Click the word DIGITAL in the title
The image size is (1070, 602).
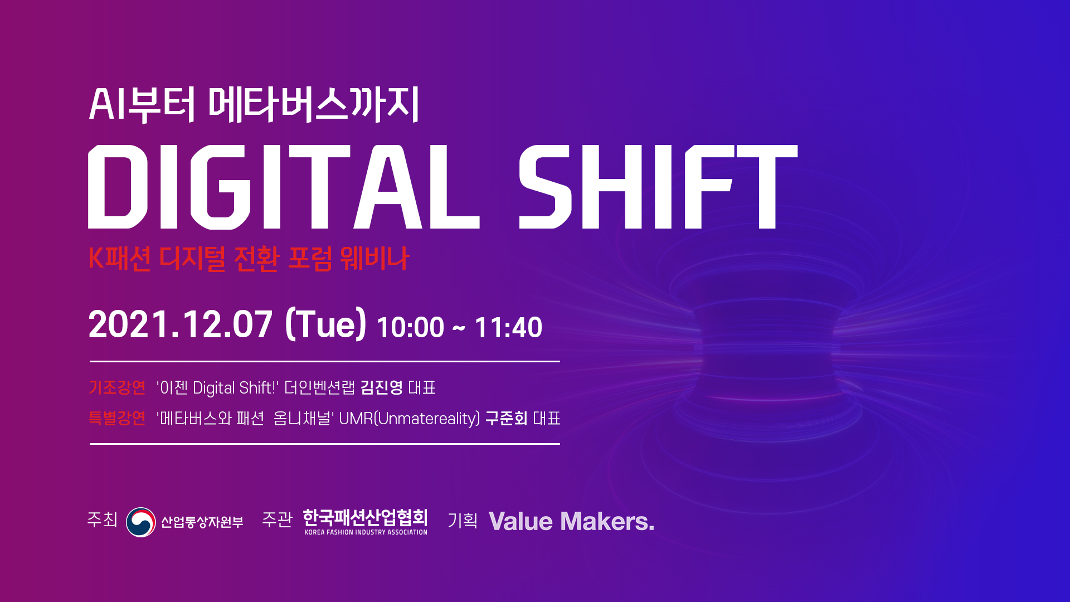(284, 187)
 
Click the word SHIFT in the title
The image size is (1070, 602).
(658, 187)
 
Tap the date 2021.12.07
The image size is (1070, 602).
(181, 324)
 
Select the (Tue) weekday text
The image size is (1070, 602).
(325, 324)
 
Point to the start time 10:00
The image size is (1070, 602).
(411, 327)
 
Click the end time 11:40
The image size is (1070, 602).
(508, 327)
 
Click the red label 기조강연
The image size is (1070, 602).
(117, 387)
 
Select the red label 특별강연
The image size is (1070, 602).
(117, 418)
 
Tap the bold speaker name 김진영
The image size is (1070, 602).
(382, 387)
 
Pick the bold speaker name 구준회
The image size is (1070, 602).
(507, 418)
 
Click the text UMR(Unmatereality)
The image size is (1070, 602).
(409, 419)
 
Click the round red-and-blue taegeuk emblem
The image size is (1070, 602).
(141, 522)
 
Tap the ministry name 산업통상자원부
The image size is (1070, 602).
(202, 522)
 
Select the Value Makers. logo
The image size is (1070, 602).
(571, 522)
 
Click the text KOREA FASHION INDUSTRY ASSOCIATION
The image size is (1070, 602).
(366, 532)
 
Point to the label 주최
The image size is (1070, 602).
(103, 520)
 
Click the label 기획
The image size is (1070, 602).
(463, 520)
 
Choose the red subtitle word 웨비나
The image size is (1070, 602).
(374, 258)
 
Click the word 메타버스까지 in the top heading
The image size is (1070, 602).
(314, 104)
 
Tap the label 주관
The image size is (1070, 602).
(277, 520)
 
